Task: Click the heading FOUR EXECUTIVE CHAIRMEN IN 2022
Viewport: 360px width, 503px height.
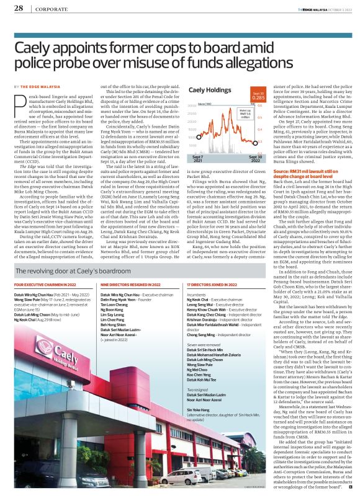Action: (42, 283)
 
